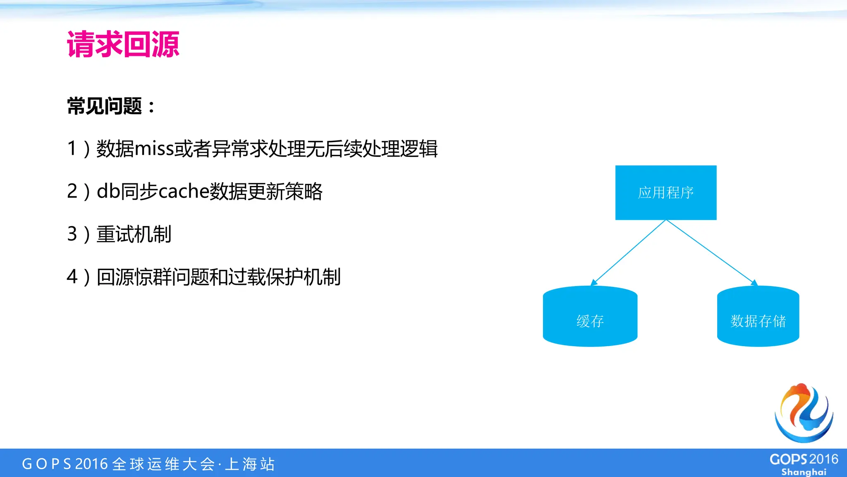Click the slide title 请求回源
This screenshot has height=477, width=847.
click(123, 44)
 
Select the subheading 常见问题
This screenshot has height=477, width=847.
click(105, 106)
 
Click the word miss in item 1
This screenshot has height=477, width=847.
click(154, 149)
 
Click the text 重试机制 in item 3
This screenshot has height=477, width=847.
click(134, 234)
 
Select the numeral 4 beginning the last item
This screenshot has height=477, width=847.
click(72, 277)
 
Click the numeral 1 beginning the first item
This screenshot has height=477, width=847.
click(72, 149)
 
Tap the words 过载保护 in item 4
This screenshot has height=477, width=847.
click(265, 277)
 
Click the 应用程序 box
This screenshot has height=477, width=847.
click(665, 193)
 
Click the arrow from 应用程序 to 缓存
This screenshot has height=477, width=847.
click(629, 253)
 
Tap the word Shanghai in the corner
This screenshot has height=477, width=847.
click(804, 472)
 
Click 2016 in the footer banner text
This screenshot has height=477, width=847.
click(91, 464)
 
